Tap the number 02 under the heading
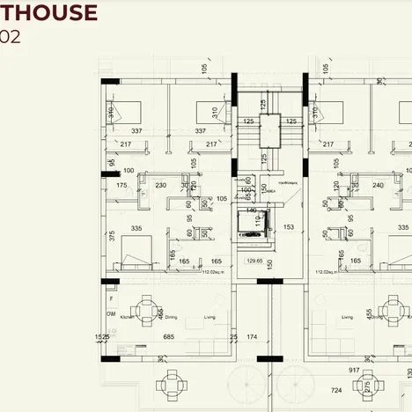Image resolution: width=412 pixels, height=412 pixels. click(x=11, y=37)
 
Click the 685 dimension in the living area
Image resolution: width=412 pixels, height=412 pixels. click(x=170, y=337)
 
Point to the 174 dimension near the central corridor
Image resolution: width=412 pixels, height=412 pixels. click(x=253, y=337)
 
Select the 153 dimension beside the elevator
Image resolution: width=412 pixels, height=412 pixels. click(x=290, y=227)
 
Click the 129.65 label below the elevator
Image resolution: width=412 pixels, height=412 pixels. click(x=255, y=261)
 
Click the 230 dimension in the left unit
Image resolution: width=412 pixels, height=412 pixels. click(x=161, y=186)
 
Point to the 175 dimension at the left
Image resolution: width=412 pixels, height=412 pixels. click(x=121, y=186)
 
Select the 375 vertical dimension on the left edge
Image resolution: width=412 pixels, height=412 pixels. click(x=112, y=236)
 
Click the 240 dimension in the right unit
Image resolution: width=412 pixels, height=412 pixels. click(x=378, y=186)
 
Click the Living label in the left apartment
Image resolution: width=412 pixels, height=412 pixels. click(x=210, y=317)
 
